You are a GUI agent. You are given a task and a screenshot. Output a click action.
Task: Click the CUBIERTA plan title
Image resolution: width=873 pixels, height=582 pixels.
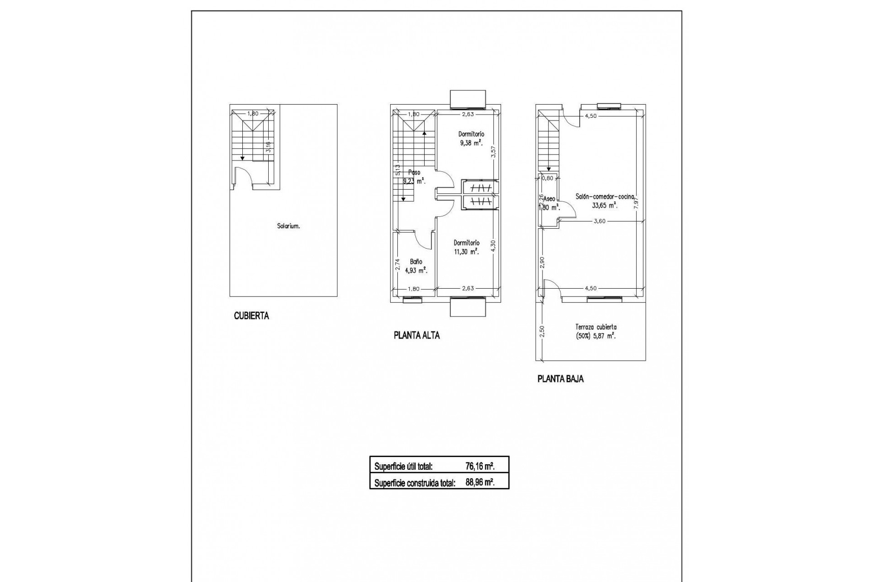tap(251, 316)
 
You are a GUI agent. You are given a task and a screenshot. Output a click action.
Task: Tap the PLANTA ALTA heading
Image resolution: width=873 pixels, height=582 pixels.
tap(416, 336)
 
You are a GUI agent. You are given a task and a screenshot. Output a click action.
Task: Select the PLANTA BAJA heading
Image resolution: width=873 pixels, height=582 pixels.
tap(560, 379)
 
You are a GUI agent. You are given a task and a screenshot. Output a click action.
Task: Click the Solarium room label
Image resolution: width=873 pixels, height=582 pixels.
tap(288, 226)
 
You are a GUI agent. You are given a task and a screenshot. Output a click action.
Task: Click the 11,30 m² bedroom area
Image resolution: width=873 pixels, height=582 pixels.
tap(467, 251)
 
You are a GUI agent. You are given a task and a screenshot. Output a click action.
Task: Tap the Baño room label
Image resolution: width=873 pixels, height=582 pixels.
tap(416, 262)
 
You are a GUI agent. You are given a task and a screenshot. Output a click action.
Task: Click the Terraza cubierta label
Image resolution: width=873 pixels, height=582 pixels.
tap(596, 327)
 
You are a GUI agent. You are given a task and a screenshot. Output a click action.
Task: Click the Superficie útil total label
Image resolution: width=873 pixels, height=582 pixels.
tap(403, 467)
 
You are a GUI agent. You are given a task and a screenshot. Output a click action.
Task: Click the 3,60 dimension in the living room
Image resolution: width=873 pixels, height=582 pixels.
tap(600, 221)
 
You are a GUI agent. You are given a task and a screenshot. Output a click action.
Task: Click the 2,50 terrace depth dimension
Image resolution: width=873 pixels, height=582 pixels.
tap(542, 331)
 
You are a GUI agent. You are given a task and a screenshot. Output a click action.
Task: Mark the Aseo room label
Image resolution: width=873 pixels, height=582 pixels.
tap(549, 199)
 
